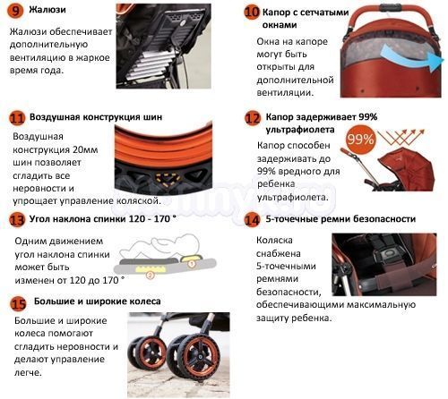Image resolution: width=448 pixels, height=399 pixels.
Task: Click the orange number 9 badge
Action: point(15,11)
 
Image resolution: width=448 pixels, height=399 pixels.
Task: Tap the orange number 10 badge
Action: point(252,13)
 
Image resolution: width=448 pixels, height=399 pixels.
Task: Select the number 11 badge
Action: point(17,118)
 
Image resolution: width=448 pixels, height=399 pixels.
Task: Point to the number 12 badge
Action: point(253,118)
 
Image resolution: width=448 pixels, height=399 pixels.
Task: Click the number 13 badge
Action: point(17,220)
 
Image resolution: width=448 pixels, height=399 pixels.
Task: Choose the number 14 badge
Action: point(252,220)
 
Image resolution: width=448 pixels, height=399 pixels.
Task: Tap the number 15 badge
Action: point(19,303)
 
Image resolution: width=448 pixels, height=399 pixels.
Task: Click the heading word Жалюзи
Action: point(47,10)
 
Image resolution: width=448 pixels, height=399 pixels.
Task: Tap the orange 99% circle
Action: point(360,139)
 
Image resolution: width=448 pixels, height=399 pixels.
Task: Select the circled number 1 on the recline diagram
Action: point(192,264)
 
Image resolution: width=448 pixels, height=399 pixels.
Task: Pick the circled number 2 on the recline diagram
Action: point(151,275)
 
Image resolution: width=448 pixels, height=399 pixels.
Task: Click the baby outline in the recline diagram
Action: point(161,246)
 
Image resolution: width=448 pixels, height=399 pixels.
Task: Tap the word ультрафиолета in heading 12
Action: point(300,130)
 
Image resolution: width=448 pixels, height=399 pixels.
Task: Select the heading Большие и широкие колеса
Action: point(98,301)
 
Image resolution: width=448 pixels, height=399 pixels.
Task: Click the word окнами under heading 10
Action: point(280,25)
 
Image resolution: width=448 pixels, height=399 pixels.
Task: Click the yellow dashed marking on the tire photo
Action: point(168,179)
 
